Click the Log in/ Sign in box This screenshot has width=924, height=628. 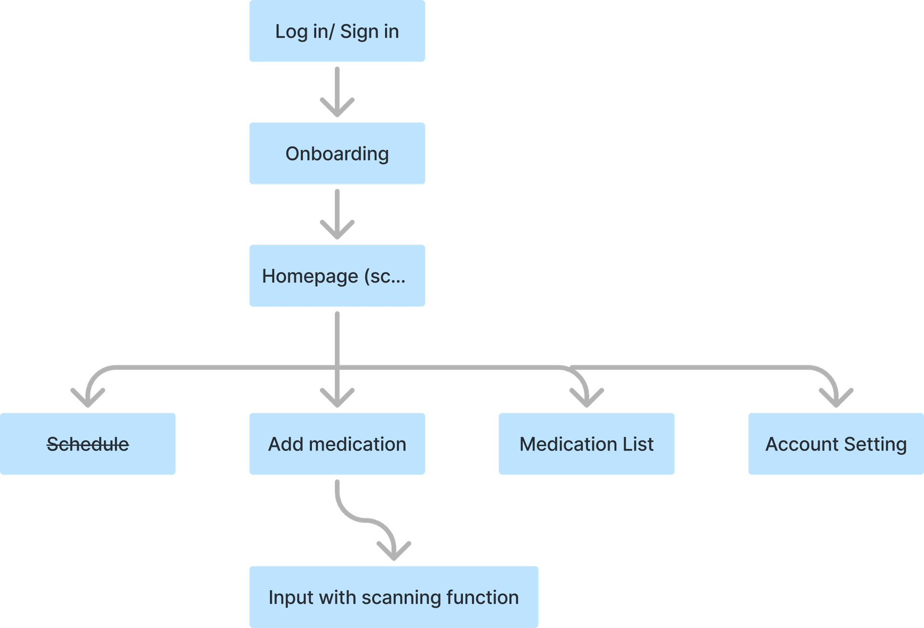coord(337,31)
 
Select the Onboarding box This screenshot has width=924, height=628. coord(337,154)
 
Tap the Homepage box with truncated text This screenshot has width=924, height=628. coord(337,276)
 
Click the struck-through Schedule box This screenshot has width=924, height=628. coord(88,444)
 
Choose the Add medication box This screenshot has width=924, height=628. coord(337,444)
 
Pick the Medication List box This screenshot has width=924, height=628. coord(586,444)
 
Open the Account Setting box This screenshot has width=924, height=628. coord(836,444)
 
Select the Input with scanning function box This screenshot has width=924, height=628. coord(394,597)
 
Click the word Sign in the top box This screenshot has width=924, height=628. coord(359,32)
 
